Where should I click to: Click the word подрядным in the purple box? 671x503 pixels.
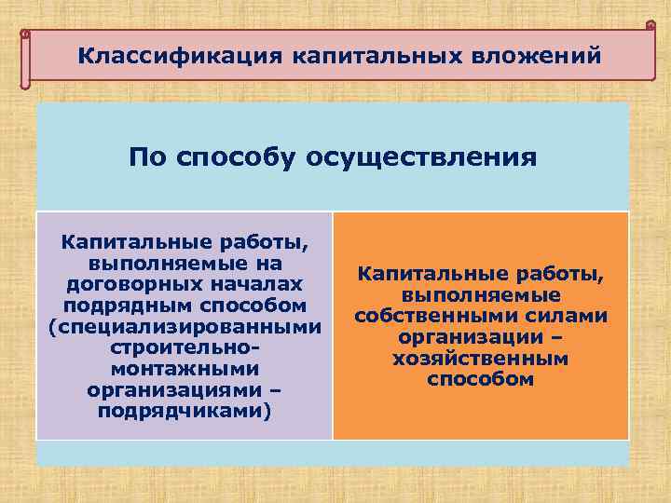coord(131,306)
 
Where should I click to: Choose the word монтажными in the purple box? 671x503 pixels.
coord(184,370)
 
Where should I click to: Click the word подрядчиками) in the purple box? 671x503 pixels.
coord(184,412)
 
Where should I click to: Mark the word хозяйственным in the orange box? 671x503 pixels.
coord(481,359)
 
